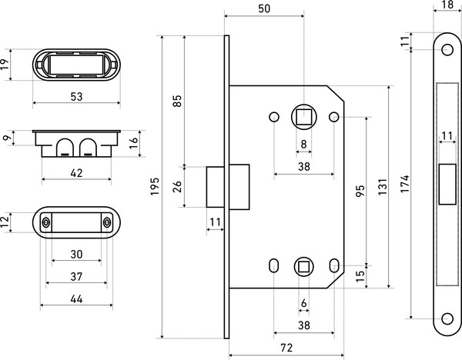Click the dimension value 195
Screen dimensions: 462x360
pos(155,186)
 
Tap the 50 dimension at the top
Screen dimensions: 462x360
pos(264,8)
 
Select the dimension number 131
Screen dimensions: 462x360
pos(383,187)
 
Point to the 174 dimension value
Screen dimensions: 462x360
pos(405,184)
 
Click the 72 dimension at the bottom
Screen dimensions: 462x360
pos(286,348)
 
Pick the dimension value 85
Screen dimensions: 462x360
pos(177,101)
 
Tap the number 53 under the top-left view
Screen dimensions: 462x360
pos(76,97)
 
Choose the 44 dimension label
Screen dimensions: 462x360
pos(76,299)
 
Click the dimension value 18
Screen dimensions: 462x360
pos(447,5)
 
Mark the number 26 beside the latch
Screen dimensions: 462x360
pos(177,187)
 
